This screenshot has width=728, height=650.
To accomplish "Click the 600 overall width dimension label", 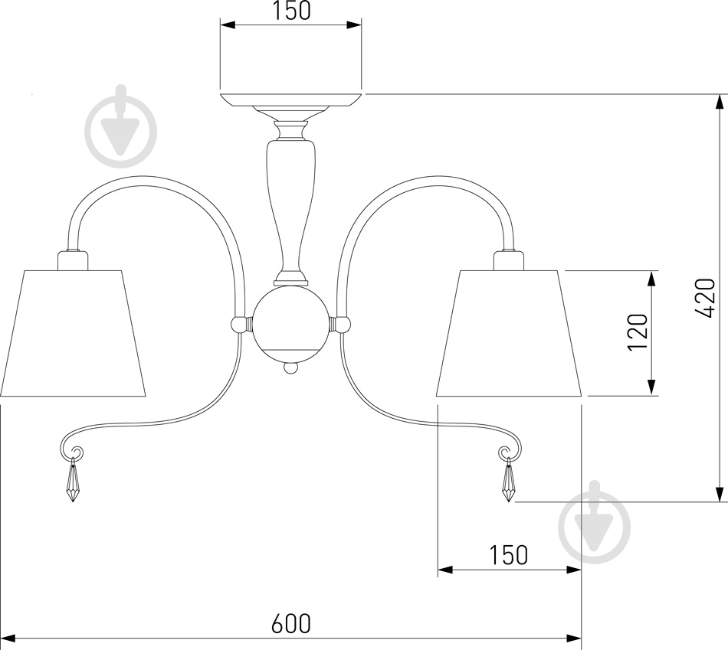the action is click(290, 623).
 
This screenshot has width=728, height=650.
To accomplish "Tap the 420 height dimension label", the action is click(705, 298).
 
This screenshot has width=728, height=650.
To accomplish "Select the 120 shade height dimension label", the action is click(637, 332).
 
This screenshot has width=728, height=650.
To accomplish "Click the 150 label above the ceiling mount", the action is click(290, 11).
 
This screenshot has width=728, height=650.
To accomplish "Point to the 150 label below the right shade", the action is click(508, 554).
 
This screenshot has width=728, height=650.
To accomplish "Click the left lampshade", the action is click(73, 334).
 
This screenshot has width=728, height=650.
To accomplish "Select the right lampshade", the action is click(509, 334).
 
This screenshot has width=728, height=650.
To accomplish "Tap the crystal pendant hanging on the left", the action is click(73, 481).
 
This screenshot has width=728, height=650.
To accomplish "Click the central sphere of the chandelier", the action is click(291, 323).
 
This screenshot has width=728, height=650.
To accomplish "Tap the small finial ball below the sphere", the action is click(290, 367).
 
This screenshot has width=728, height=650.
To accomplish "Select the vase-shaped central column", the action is click(291, 204).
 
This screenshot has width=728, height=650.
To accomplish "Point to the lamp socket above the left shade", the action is click(73, 260).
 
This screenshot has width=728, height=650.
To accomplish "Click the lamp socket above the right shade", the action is click(508, 260).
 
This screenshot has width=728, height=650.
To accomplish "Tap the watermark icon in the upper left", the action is click(121, 128).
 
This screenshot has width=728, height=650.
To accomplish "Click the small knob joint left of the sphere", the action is click(240, 324).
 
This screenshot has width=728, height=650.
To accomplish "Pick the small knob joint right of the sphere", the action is click(343, 324).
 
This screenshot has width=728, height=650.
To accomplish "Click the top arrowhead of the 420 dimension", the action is click(719, 101).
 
